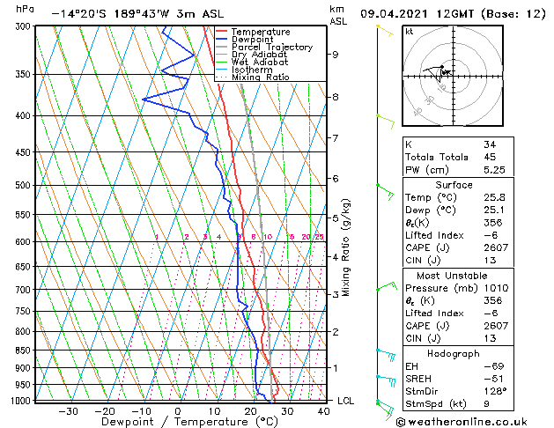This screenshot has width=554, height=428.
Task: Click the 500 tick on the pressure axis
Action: (22, 185)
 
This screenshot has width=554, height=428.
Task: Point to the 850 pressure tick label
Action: (22, 350)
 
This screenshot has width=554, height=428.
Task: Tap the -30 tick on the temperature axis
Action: (68, 410)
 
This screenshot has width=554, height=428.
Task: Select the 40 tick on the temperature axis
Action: (324, 410)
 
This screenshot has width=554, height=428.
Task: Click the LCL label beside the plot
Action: (347, 401)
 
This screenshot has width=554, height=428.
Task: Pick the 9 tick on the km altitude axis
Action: (336, 54)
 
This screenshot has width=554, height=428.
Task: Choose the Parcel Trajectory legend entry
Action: (271, 48)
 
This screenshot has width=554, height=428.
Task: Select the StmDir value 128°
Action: (495, 391)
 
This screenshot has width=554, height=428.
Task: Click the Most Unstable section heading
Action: (454, 275)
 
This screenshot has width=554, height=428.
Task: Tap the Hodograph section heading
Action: (454, 353)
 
